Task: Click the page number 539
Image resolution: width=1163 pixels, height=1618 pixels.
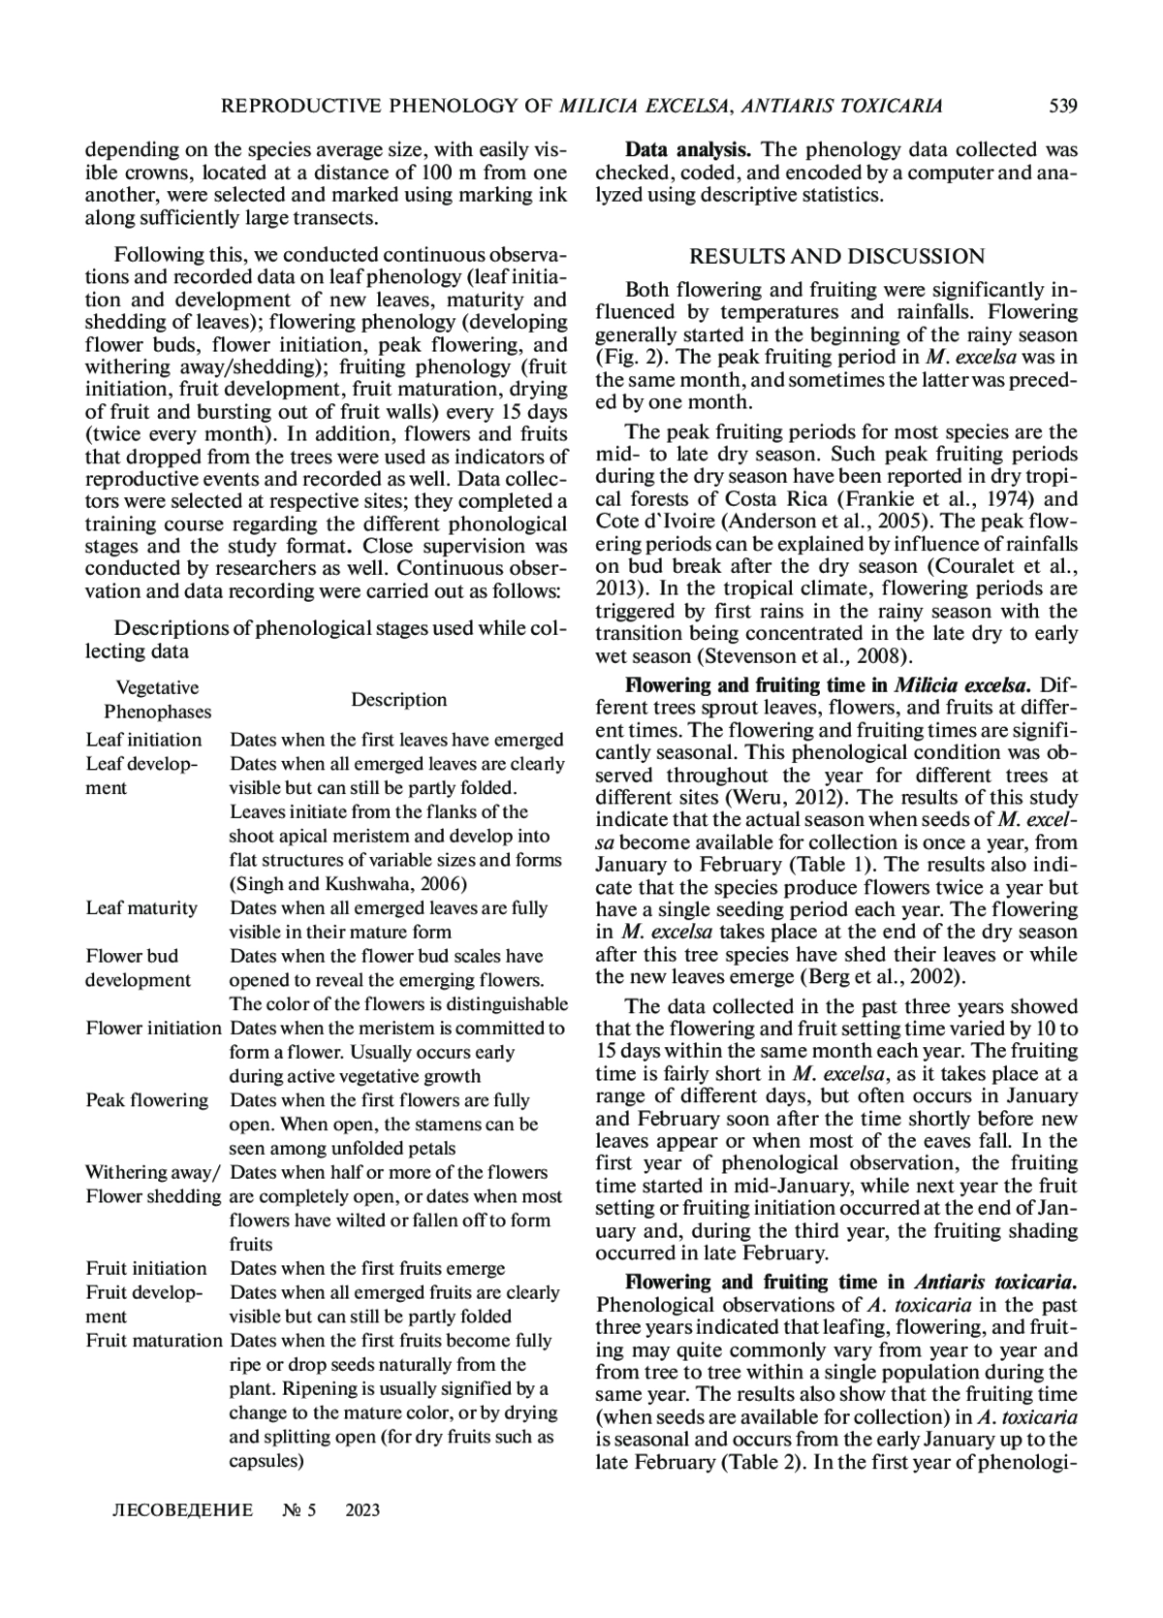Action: pyautogui.click(x=1063, y=106)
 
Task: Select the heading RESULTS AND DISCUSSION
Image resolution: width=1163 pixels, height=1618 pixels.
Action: pyautogui.click(x=836, y=256)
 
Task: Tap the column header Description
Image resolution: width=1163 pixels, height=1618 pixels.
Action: pyautogui.click(x=398, y=699)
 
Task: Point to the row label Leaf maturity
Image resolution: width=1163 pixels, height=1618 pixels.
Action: pyautogui.click(x=141, y=907)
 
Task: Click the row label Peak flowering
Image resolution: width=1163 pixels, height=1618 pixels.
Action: pyautogui.click(x=146, y=1099)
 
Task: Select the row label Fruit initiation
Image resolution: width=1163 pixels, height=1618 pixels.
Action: pyautogui.click(x=146, y=1268)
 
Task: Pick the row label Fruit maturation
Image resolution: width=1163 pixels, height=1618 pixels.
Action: pyautogui.click(x=154, y=1340)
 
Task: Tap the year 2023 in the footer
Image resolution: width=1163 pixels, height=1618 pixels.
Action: pyautogui.click(x=362, y=1510)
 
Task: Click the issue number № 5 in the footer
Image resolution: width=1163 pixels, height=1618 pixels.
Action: pyautogui.click(x=299, y=1510)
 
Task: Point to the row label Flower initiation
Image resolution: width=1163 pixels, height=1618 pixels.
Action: pyautogui.click(x=154, y=1028)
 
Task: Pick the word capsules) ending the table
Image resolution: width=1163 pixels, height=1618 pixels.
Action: pyautogui.click(x=267, y=1460)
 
